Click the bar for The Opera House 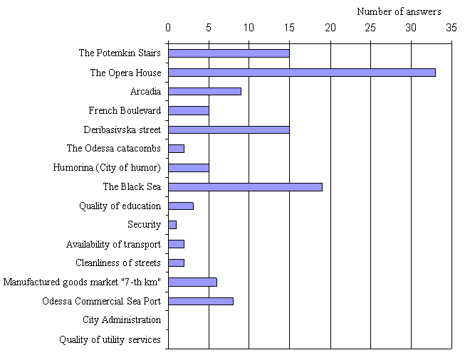click(301, 73)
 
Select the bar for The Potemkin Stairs click(229, 53)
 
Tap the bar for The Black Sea click(245, 187)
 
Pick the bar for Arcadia click(204, 91)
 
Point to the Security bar click(172, 225)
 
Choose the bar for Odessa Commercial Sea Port click(201, 301)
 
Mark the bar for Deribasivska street click(229, 129)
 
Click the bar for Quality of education click(180, 206)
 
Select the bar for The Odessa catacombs click(176, 149)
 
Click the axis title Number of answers click(399, 11)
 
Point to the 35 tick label click(451, 28)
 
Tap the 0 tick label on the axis click(168, 28)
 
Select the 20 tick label click(330, 28)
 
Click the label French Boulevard click(125, 110)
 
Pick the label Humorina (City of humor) click(107, 168)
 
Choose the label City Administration click(122, 320)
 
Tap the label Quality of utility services click(110, 339)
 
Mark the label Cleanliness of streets click(118, 263)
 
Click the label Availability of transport click(113, 244)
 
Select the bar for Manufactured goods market click(192, 282)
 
